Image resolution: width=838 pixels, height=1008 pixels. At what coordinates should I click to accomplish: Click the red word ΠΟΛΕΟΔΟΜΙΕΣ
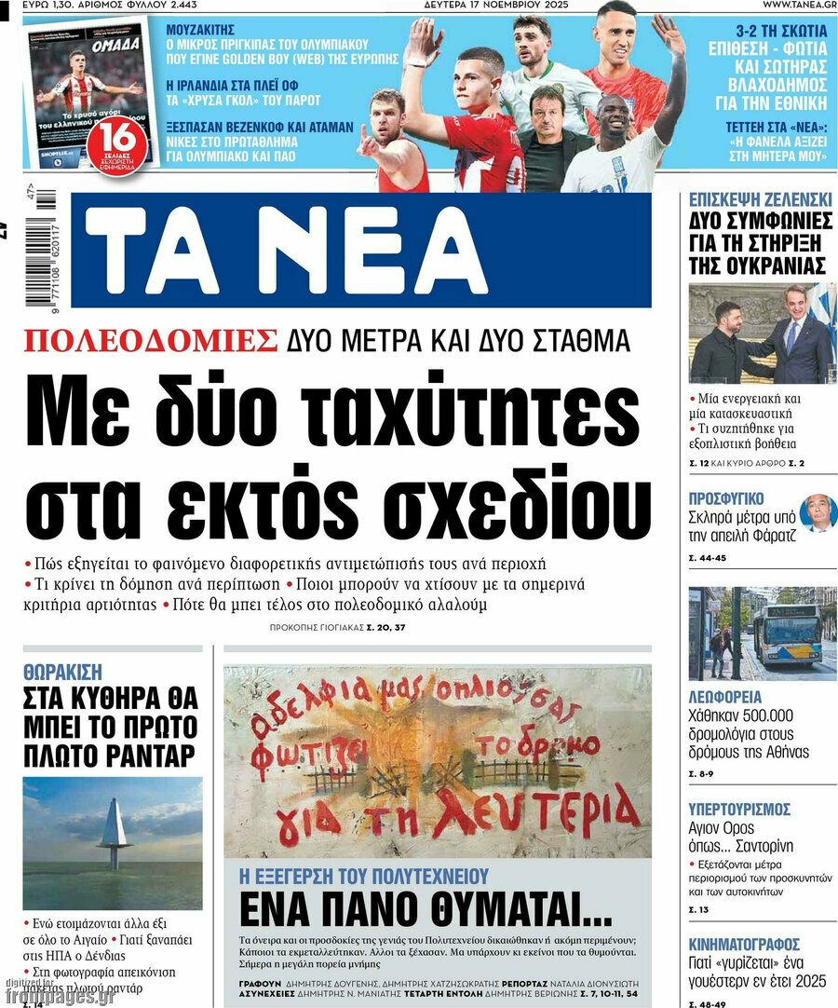pos(151,341)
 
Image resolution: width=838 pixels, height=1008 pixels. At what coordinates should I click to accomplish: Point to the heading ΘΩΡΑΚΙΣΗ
pos(62,671)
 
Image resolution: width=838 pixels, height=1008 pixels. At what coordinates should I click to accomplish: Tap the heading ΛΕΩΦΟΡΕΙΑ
pos(725,697)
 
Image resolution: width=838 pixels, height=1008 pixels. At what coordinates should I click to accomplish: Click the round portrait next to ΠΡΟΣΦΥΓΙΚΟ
pos(818,512)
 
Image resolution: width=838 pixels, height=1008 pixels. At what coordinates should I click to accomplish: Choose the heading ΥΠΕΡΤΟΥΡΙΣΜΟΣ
pos(739,809)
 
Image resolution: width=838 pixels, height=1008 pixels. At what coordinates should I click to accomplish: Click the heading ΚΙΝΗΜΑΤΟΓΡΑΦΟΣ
pos(744,944)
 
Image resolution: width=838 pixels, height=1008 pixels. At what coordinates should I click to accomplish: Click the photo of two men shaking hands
pos(762,333)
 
